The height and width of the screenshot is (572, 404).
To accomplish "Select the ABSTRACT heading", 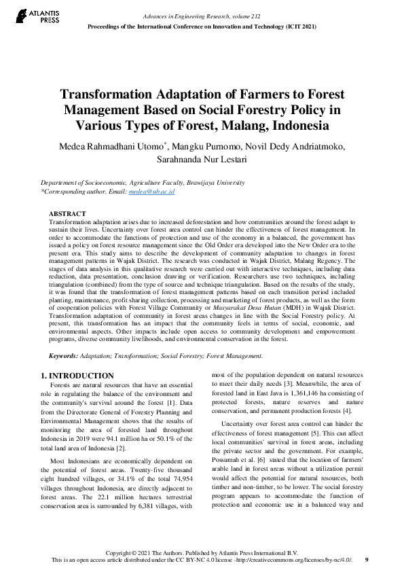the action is tap(68, 214).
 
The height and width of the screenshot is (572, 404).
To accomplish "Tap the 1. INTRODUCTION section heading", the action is tap(77, 376).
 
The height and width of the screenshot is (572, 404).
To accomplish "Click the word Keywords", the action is tap(64, 356).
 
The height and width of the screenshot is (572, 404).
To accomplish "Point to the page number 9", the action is tap(367, 560).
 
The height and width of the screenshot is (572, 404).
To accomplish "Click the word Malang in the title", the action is tap(253, 126).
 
